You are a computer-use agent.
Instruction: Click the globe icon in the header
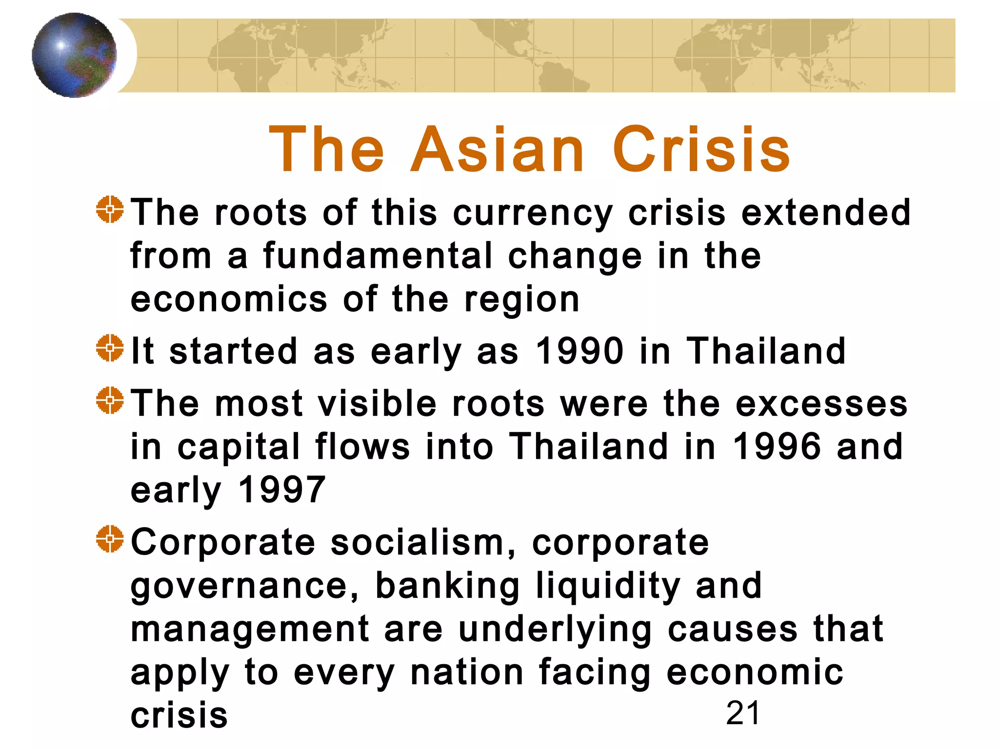coord(74,55)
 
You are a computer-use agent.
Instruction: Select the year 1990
coord(579,351)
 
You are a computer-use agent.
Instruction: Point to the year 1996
coord(777,447)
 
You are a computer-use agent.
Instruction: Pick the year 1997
coord(282,490)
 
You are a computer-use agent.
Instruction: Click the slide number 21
coord(742,713)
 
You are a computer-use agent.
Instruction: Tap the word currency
coord(533,213)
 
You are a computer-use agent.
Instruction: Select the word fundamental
coord(378,256)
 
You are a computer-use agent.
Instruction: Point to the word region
coord(522,300)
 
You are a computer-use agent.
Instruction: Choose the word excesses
coord(821,404)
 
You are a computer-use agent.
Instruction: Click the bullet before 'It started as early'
coord(110,348)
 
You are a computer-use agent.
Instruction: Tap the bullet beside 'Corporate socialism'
coord(110,539)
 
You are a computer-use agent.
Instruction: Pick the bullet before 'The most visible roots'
coord(110,400)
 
